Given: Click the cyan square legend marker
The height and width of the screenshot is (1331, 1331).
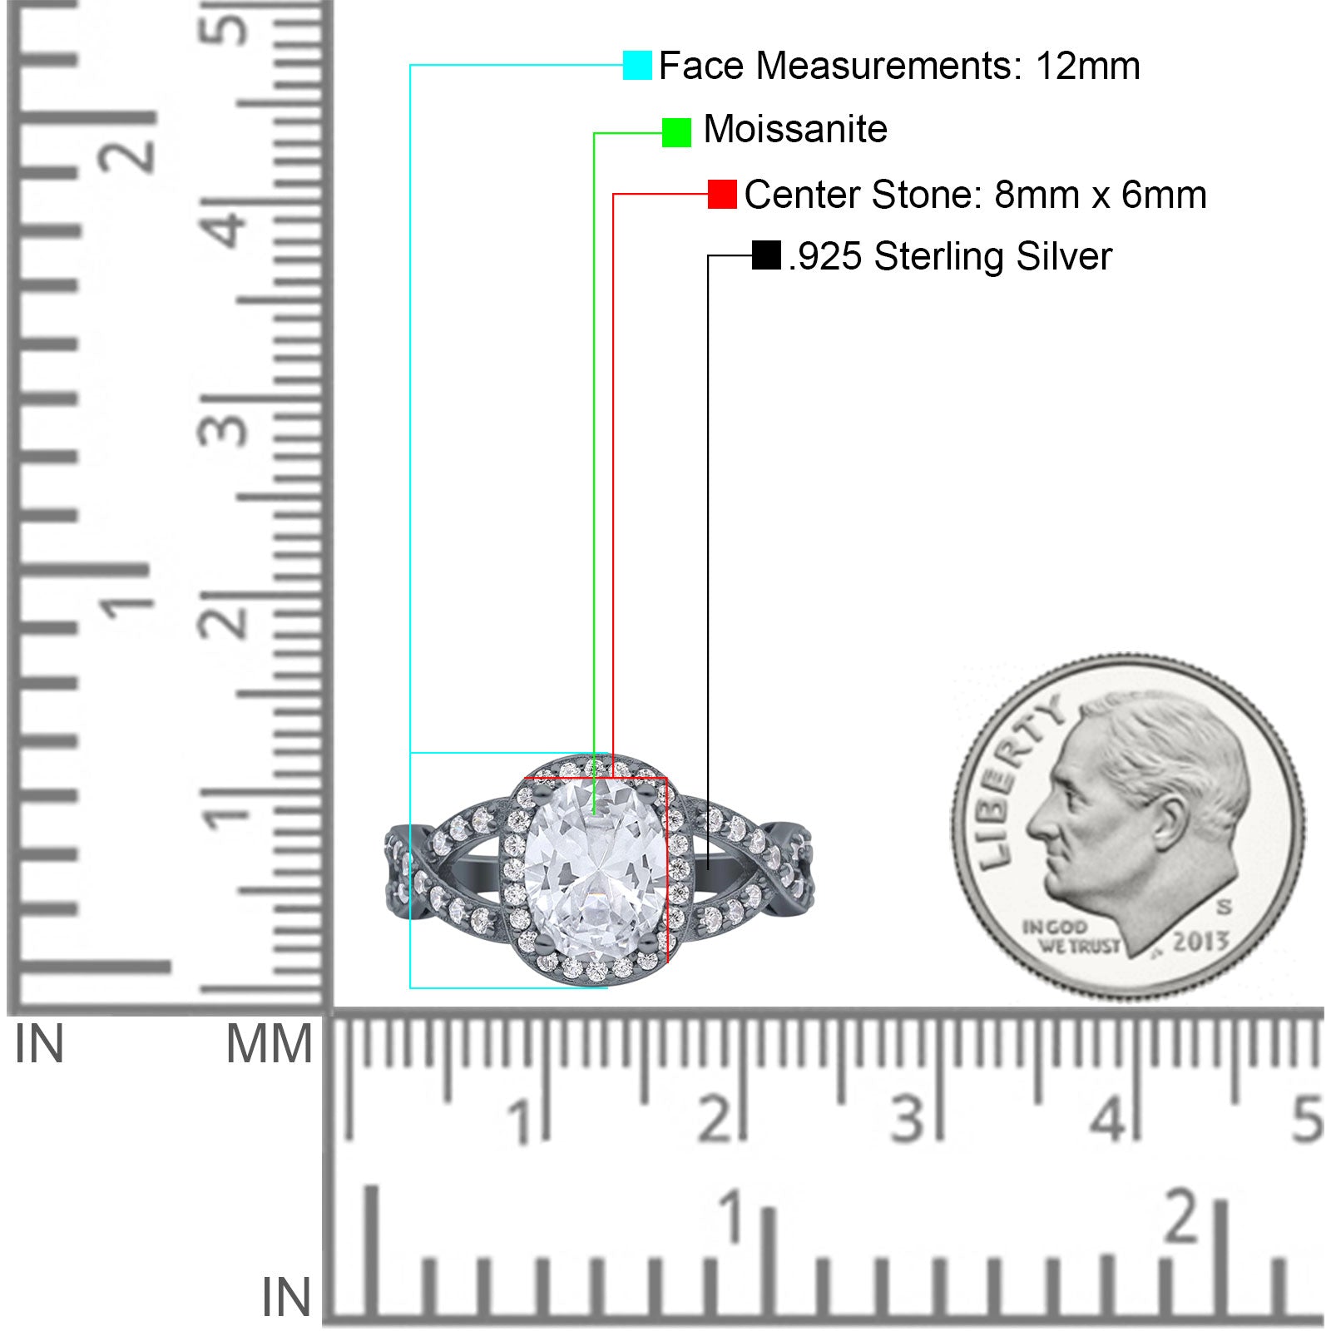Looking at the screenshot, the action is pos(637,66).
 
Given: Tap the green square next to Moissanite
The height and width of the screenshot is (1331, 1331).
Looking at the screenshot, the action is pos(676,132).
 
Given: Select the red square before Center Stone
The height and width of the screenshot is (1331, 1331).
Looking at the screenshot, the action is pos(722,195).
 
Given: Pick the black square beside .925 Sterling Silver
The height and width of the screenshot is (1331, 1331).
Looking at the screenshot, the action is pos(766,255).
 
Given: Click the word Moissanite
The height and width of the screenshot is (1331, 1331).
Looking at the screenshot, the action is pos(795,130).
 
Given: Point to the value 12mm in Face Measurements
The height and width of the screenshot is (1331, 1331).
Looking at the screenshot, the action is pos(1087,66).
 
